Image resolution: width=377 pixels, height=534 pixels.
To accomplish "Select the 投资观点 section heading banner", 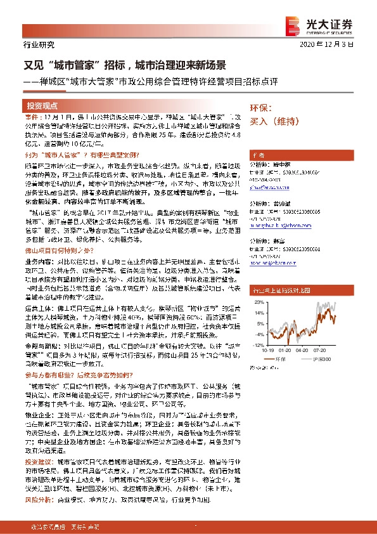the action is point(42,105).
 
